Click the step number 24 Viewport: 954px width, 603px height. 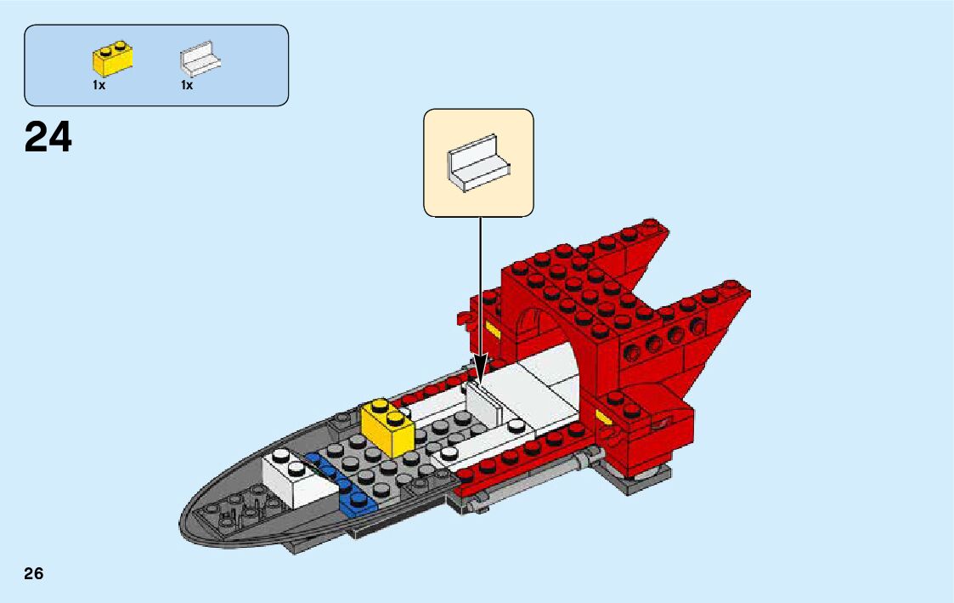pyautogui.click(x=48, y=137)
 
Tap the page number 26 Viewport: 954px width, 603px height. pyautogui.click(x=34, y=573)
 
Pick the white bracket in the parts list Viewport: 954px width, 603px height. pyautogui.click(x=200, y=60)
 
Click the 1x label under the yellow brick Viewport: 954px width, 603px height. pyautogui.click(x=99, y=85)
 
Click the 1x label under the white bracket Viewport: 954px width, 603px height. pyautogui.click(x=187, y=85)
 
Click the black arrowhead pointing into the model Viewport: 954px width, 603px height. pyautogui.click(x=480, y=373)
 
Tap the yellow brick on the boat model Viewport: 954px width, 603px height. pyautogui.click(x=387, y=427)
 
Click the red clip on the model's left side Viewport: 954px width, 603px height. pyautogui.click(x=465, y=318)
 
